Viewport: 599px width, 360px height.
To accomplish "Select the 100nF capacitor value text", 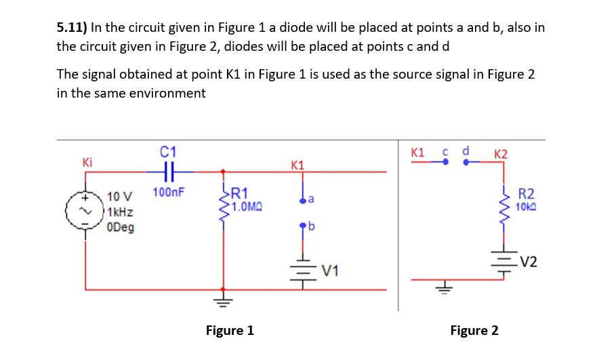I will tap(166, 193).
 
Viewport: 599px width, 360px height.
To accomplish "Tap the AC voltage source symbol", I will tap(85, 211).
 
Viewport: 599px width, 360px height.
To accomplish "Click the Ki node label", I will tap(87, 162).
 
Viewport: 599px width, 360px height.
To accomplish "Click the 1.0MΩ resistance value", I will tap(248, 206).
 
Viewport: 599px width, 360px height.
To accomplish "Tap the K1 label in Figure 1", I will tap(297, 165).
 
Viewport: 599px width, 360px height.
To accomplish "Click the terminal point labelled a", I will tap(303, 199).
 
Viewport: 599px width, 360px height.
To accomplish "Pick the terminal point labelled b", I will tap(303, 225).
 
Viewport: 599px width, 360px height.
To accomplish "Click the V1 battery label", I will tap(329, 272).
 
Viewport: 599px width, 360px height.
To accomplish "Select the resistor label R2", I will tap(526, 195).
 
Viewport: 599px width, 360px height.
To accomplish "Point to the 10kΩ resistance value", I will tap(526, 206).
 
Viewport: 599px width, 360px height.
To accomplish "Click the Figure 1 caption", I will tap(230, 330).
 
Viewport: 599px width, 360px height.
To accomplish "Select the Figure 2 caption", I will tap(474, 330).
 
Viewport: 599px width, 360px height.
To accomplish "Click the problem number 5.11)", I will tap(71, 28).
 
